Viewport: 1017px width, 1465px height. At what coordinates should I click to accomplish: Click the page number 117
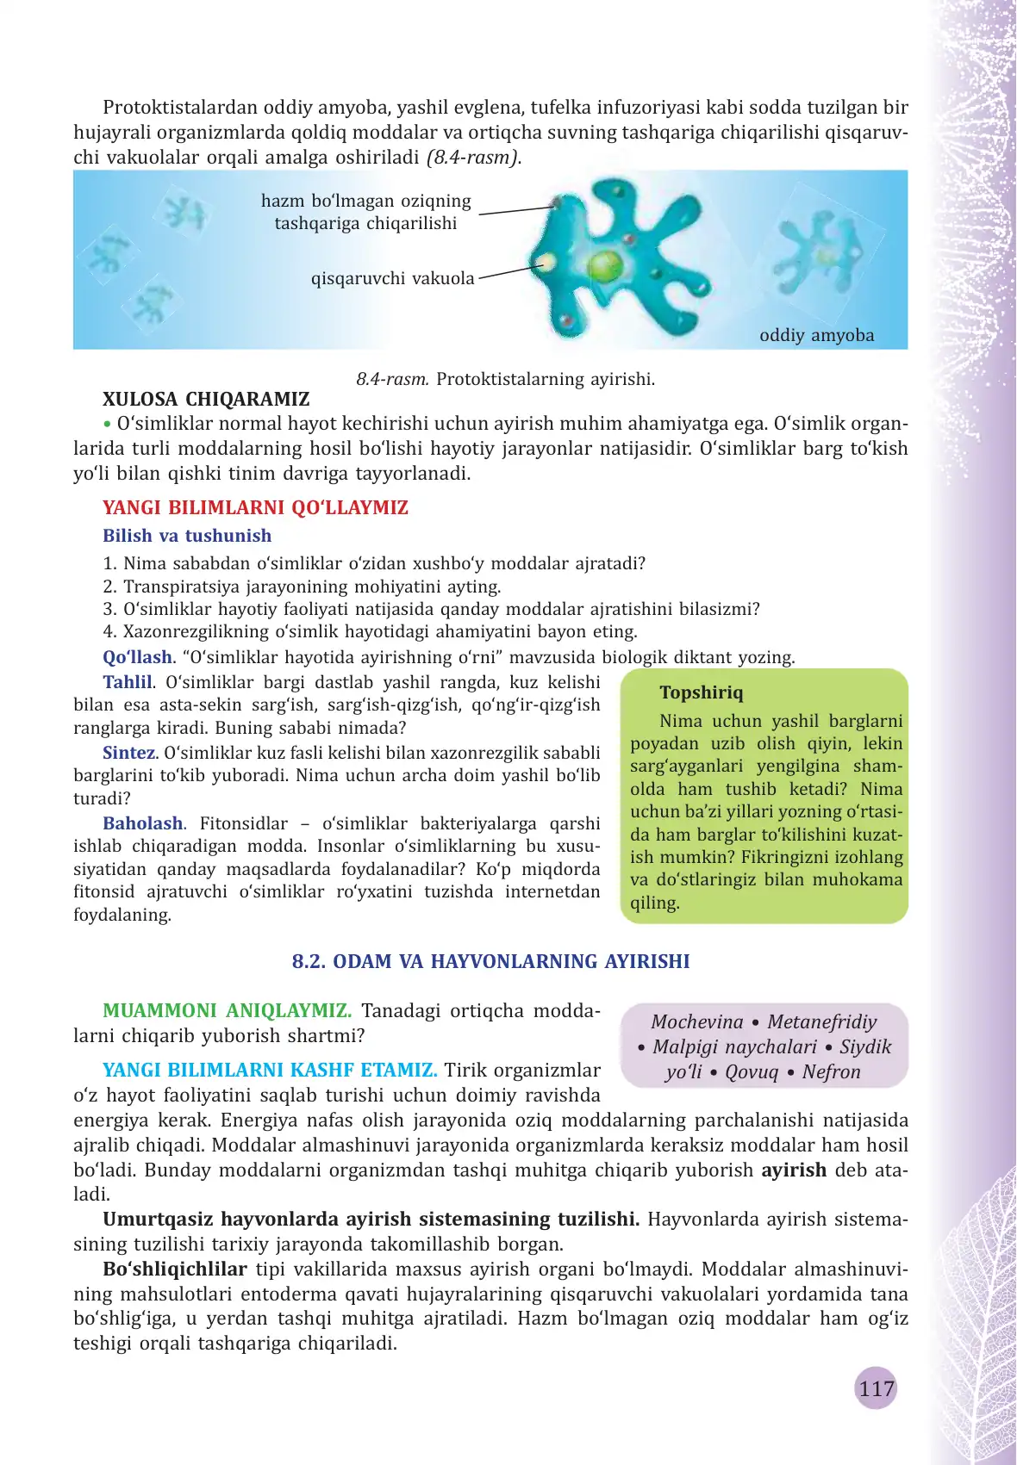[x=876, y=1387]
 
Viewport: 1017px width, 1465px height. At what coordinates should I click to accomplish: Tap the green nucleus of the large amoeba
[x=606, y=264]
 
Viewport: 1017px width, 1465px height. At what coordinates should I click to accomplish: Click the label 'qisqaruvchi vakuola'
[x=392, y=278]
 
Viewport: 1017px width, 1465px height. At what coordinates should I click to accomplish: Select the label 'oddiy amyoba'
[x=816, y=335]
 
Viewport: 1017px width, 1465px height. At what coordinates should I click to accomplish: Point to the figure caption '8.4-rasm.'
[x=392, y=379]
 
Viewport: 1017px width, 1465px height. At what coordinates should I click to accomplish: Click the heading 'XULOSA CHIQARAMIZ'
[x=206, y=399]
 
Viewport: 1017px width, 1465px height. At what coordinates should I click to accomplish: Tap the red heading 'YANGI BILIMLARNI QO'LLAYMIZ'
[x=255, y=507]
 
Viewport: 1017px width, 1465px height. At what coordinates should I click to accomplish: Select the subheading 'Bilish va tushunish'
[x=187, y=536]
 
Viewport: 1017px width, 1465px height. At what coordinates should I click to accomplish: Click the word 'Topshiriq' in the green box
[x=701, y=692]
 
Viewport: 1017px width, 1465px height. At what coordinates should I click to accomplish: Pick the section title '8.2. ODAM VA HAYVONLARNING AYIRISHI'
[x=490, y=961]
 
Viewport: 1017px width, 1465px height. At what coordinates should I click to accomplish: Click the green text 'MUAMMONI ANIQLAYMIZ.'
[x=227, y=1010]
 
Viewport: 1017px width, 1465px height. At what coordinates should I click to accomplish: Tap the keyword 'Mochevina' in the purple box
[x=696, y=1021]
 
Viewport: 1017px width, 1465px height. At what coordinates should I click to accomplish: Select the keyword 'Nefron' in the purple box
[x=831, y=1071]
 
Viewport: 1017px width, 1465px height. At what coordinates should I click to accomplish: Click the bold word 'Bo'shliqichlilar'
[x=175, y=1269]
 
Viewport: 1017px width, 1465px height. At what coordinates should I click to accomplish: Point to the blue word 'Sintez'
[x=128, y=752]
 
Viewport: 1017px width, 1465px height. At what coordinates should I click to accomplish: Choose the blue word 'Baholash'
[x=143, y=823]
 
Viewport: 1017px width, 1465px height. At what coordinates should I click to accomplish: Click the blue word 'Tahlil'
[x=128, y=682]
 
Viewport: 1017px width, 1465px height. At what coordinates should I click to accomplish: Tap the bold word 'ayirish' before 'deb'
[x=794, y=1170]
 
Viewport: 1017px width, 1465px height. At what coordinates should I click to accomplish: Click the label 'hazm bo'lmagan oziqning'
[x=366, y=201]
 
